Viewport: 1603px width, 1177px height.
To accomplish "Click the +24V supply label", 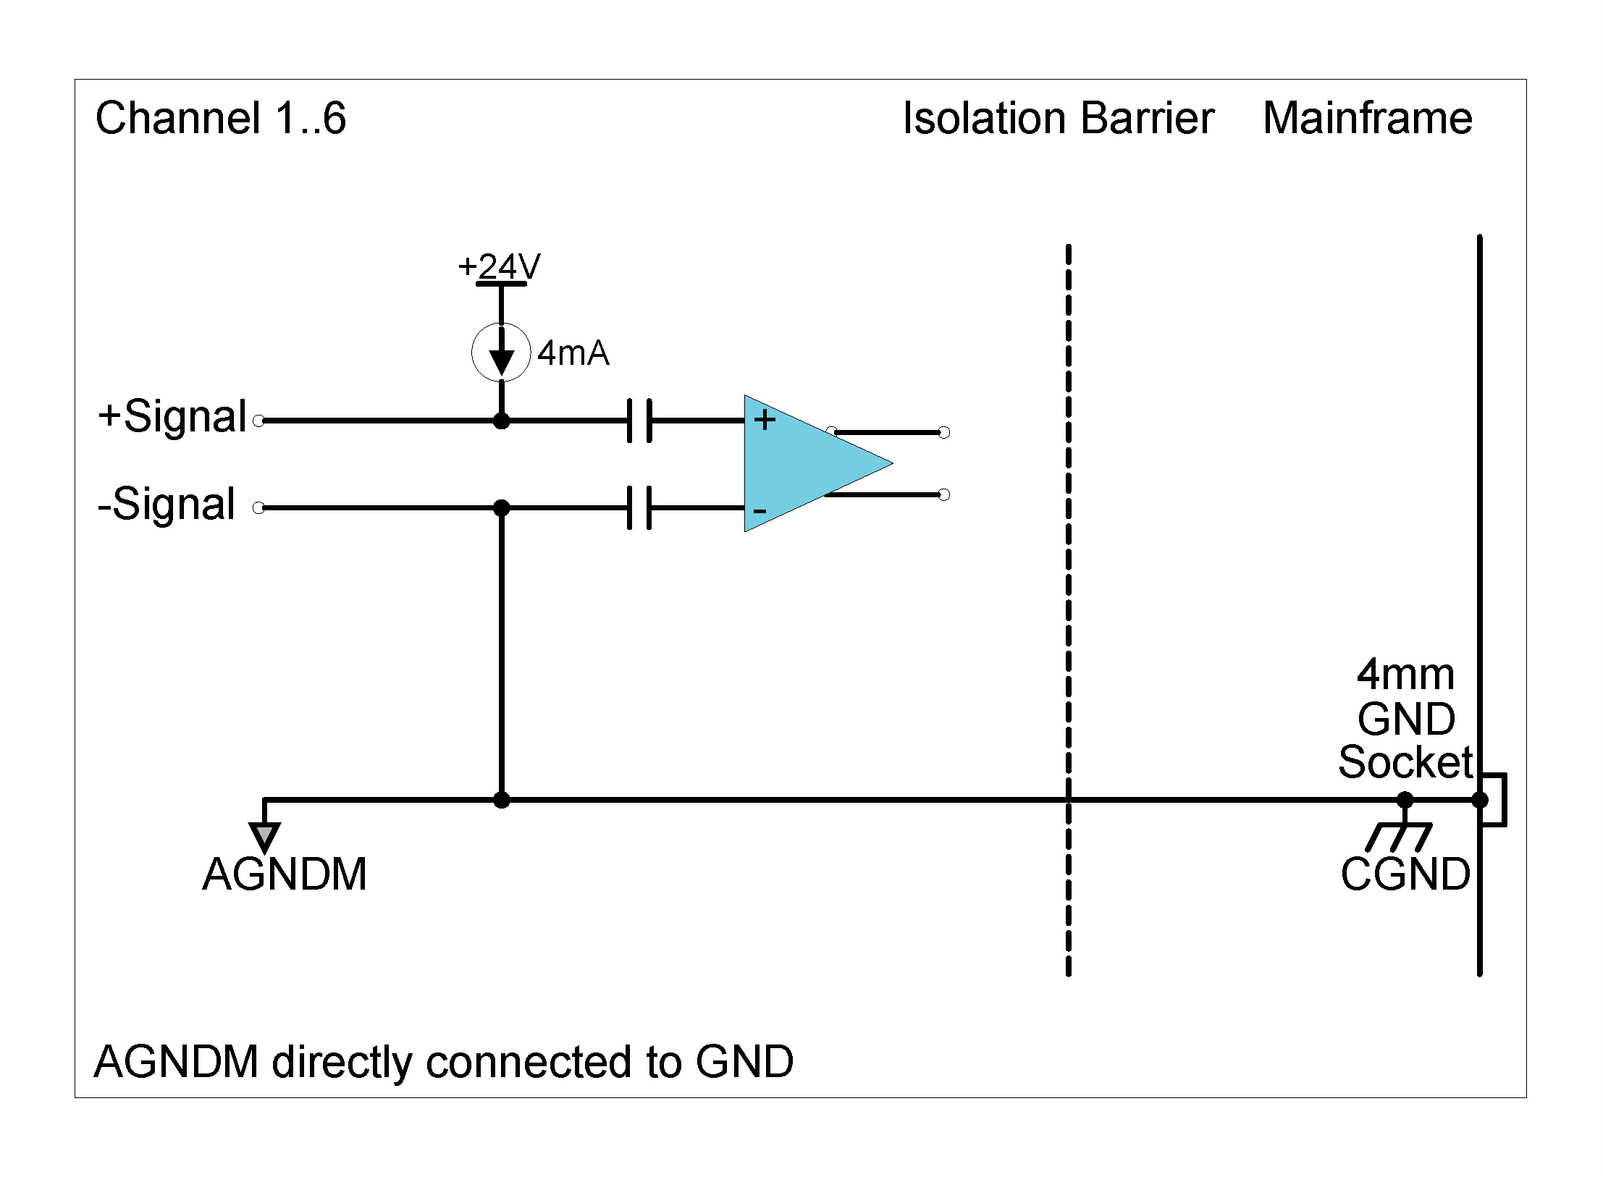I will tap(499, 266).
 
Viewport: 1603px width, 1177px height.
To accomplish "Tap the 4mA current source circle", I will tap(501, 353).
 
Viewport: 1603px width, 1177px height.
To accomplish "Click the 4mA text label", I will tap(573, 353).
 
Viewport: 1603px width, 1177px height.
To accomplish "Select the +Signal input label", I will tap(173, 417).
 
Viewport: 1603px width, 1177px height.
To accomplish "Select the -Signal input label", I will tap(167, 504).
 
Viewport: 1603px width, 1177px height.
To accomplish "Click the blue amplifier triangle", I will tap(804, 463).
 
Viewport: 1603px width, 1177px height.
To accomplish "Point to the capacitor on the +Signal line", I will tap(639, 420).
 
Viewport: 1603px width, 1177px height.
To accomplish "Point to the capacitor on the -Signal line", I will tap(639, 507).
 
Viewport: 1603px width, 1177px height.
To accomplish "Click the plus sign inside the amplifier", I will tap(765, 420).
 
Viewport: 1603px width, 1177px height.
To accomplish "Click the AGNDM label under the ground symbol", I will tap(285, 874).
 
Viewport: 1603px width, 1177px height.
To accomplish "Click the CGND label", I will tap(1405, 874).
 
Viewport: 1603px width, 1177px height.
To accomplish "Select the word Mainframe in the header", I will tap(1367, 118).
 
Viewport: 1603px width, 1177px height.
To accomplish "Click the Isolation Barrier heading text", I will tap(1058, 118).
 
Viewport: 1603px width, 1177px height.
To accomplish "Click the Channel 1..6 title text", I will tap(221, 118).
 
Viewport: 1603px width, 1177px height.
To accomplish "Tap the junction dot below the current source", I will tap(501, 421).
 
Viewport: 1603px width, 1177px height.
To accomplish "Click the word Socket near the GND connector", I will tap(1405, 762).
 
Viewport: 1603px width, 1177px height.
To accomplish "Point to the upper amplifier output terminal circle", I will tap(943, 432).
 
